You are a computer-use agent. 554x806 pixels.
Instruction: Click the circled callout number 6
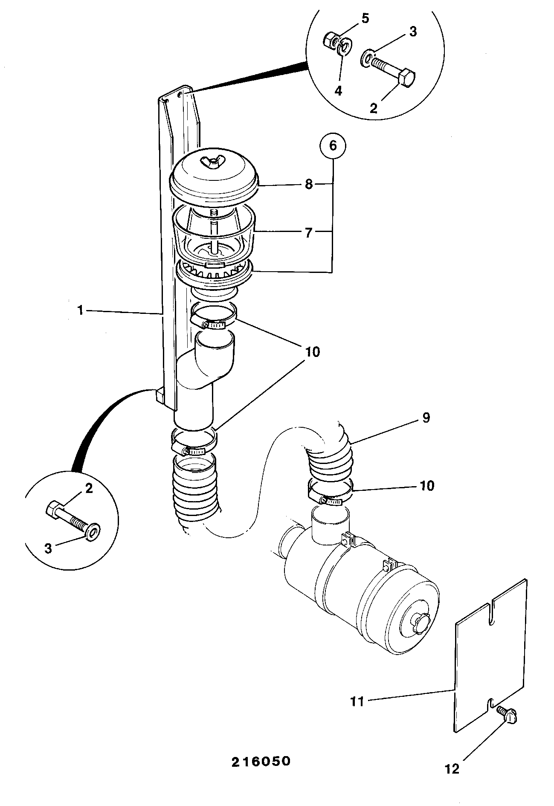(x=333, y=146)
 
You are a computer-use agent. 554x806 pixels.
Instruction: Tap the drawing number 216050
(x=261, y=761)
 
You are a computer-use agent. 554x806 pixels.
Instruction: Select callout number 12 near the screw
(x=452, y=769)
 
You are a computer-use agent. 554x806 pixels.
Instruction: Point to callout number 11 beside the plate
(x=357, y=701)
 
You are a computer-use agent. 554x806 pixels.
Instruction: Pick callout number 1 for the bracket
(x=80, y=310)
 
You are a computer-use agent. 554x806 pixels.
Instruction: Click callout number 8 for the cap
(x=309, y=185)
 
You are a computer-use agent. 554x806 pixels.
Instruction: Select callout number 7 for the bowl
(x=309, y=233)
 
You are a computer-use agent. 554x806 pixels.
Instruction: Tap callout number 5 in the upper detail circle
(x=365, y=18)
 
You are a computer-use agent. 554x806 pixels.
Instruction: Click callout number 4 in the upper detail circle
(x=338, y=90)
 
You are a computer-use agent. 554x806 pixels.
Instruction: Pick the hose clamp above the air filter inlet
(x=330, y=494)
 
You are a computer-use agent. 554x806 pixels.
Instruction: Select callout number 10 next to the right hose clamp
(x=427, y=485)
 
